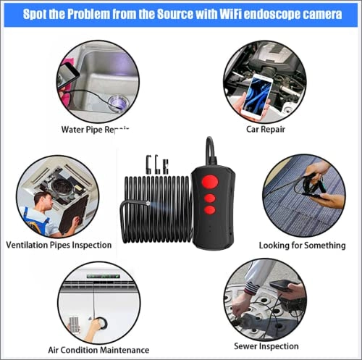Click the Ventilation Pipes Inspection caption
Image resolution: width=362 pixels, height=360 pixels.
(x=59, y=245)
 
